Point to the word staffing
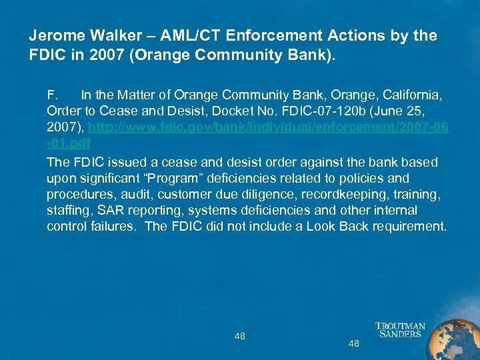[65, 211]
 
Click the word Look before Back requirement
[322, 227]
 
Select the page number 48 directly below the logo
[354, 344]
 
